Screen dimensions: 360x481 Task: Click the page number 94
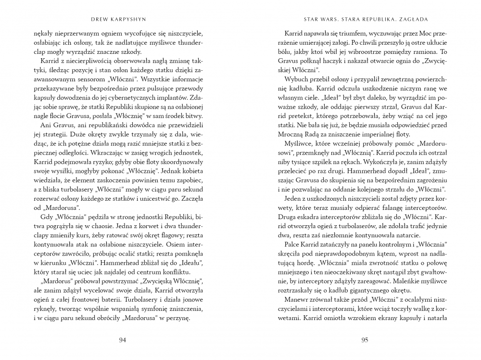[122, 340]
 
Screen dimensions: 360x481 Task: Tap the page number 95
[364, 340]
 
